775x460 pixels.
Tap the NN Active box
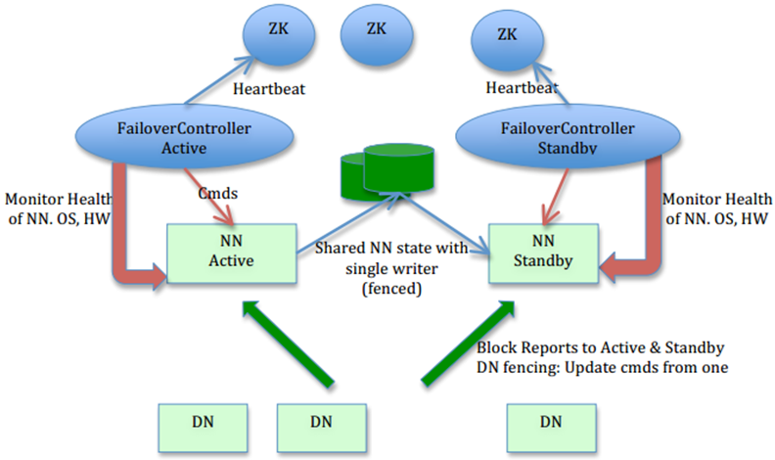tap(231, 253)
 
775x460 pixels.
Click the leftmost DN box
tap(201, 423)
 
